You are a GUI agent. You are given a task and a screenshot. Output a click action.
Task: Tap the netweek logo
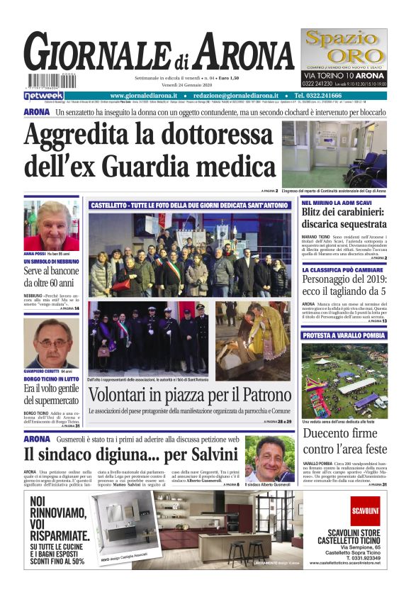44,96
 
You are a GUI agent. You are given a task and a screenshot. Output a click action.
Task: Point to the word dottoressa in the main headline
203,135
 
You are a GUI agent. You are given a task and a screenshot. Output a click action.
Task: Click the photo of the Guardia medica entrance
334,154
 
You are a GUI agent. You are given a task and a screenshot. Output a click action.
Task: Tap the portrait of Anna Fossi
51,225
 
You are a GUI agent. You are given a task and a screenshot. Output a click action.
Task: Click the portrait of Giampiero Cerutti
51,343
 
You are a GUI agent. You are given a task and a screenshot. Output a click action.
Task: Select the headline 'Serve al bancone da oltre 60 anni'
51,277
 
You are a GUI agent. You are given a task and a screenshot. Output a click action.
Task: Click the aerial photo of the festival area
344,381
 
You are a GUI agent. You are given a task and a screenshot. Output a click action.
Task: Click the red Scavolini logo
365,510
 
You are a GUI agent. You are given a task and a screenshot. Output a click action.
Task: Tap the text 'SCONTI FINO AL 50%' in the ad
57,560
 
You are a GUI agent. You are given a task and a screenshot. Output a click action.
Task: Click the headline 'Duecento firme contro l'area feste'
344,441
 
